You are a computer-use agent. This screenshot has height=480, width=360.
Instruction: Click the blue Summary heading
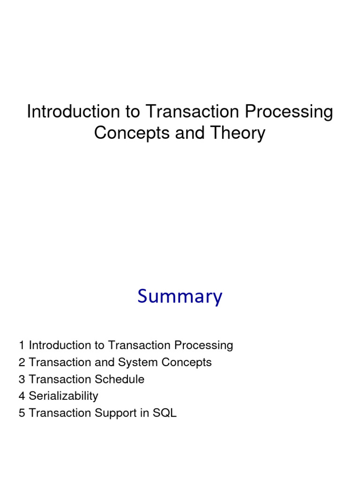click(x=180, y=297)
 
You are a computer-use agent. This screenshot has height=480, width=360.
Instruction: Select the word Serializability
click(x=63, y=396)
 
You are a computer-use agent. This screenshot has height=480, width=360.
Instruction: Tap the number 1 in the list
click(x=22, y=345)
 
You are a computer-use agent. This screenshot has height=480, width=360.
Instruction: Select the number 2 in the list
click(x=22, y=362)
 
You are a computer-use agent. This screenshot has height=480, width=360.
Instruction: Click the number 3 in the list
click(x=22, y=379)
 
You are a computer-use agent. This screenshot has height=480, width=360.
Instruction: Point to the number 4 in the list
click(x=22, y=396)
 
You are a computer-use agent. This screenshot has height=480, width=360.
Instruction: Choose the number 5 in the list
click(x=22, y=413)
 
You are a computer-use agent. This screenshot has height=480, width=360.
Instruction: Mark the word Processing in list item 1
click(x=203, y=345)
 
